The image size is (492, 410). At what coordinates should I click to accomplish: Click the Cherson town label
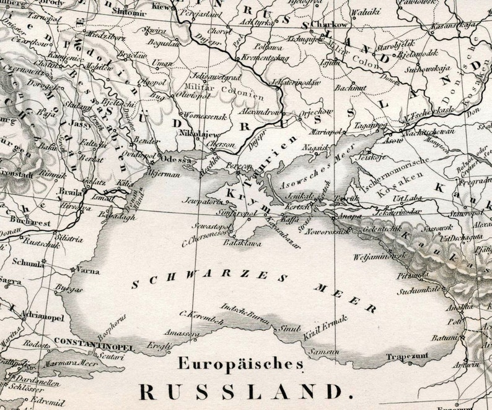[221, 143]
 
